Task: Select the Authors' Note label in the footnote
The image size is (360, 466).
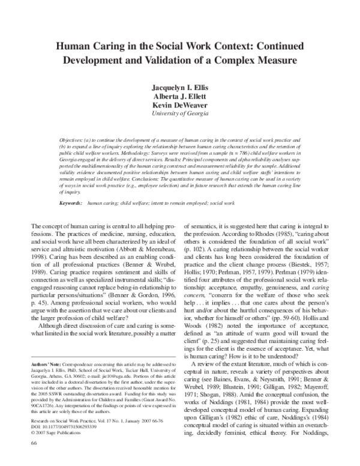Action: coord(43,365)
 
